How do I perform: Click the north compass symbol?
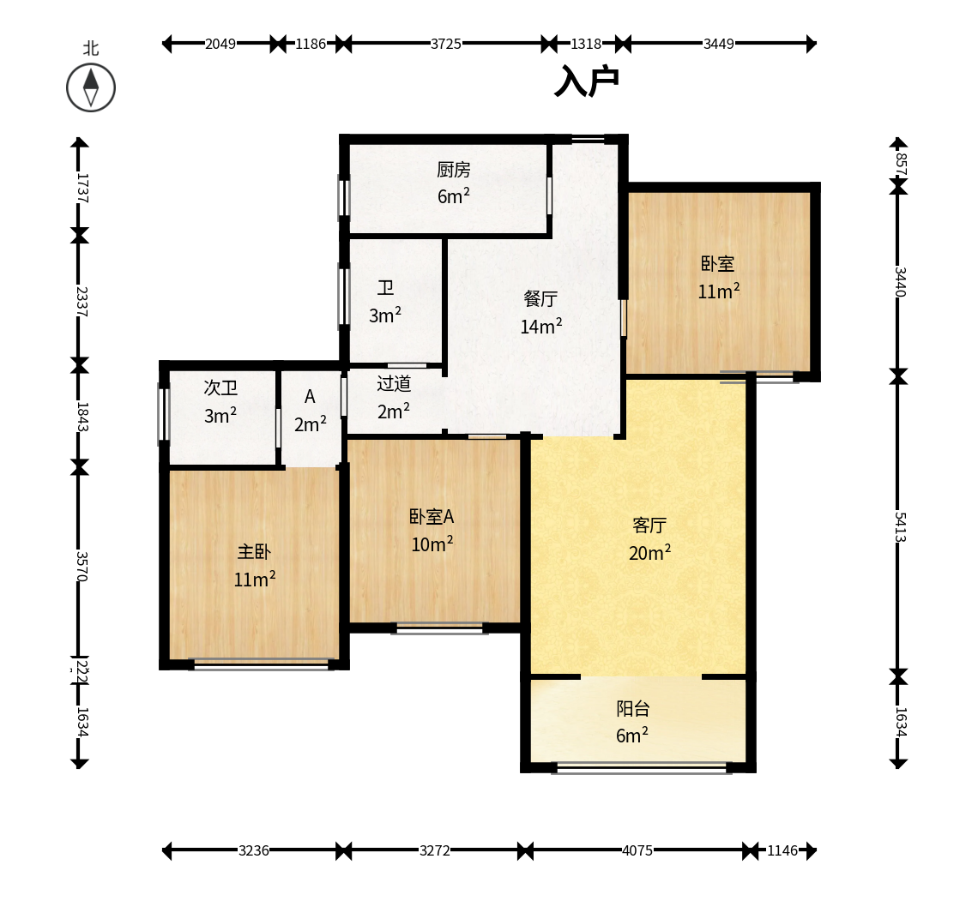(x=91, y=87)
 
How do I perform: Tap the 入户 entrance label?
(x=586, y=81)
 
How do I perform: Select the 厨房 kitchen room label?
(x=454, y=170)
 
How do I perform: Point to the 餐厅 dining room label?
(x=540, y=298)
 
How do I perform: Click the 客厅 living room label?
(x=649, y=526)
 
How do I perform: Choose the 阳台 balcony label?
(x=633, y=709)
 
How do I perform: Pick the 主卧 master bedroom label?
(x=255, y=552)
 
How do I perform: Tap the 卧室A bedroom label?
(x=432, y=516)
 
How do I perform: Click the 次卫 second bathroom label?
(x=220, y=387)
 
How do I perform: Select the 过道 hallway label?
(x=394, y=383)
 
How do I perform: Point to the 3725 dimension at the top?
(x=446, y=44)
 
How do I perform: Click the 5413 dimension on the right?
(x=900, y=526)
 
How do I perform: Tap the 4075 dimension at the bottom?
(x=637, y=850)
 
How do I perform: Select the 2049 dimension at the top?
(x=220, y=44)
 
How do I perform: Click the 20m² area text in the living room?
(x=650, y=553)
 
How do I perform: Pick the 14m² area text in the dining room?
(x=541, y=326)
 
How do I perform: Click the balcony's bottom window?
(x=642, y=768)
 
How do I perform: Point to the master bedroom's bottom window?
(x=262, y=664)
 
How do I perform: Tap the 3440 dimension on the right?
(x=900, y=282)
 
